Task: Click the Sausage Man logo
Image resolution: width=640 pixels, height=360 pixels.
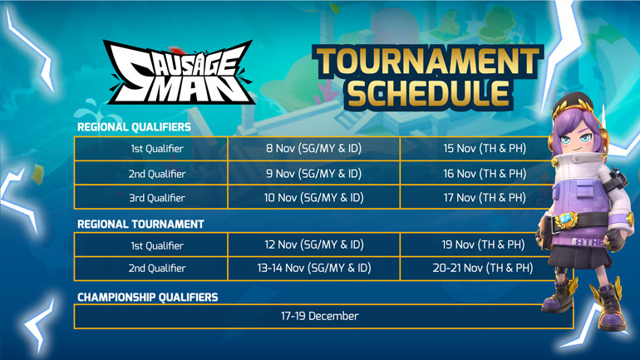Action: point(180,72)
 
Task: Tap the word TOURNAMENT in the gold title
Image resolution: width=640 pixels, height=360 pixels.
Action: point(428,62)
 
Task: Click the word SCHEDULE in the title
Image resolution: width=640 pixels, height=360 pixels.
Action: point(428,93)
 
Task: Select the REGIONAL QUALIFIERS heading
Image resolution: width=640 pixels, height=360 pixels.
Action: point(134,127)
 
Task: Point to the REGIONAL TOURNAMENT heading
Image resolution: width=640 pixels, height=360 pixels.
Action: point(140,224)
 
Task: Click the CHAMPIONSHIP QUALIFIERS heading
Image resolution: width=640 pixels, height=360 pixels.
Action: point(148,297)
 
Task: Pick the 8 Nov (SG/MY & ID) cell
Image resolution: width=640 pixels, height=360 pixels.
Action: point(314,148)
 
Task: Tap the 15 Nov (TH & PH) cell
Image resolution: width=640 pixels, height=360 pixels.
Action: point(485,148)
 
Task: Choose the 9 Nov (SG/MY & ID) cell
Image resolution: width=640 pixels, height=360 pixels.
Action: point(314,174)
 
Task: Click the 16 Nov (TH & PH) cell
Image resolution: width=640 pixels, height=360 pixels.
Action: point(485,174)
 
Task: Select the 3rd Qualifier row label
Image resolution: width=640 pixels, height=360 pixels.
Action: point(157,198)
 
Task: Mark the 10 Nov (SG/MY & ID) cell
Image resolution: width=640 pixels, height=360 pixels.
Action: point(314,198)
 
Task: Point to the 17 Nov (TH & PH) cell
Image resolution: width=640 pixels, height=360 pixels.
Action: point(485,198)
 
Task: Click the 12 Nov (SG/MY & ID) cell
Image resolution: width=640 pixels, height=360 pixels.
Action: point(314,244)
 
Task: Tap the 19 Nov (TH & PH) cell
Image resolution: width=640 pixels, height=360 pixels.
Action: point(483,244)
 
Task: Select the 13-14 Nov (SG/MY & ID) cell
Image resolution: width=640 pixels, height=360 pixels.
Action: point(314,268)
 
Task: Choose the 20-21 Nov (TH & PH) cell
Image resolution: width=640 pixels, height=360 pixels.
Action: point(483,268)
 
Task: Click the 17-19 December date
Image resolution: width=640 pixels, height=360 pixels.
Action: point(320,316)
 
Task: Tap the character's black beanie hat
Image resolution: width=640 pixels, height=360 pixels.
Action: point(574,102)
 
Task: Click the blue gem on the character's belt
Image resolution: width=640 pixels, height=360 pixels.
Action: point(565,219)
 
